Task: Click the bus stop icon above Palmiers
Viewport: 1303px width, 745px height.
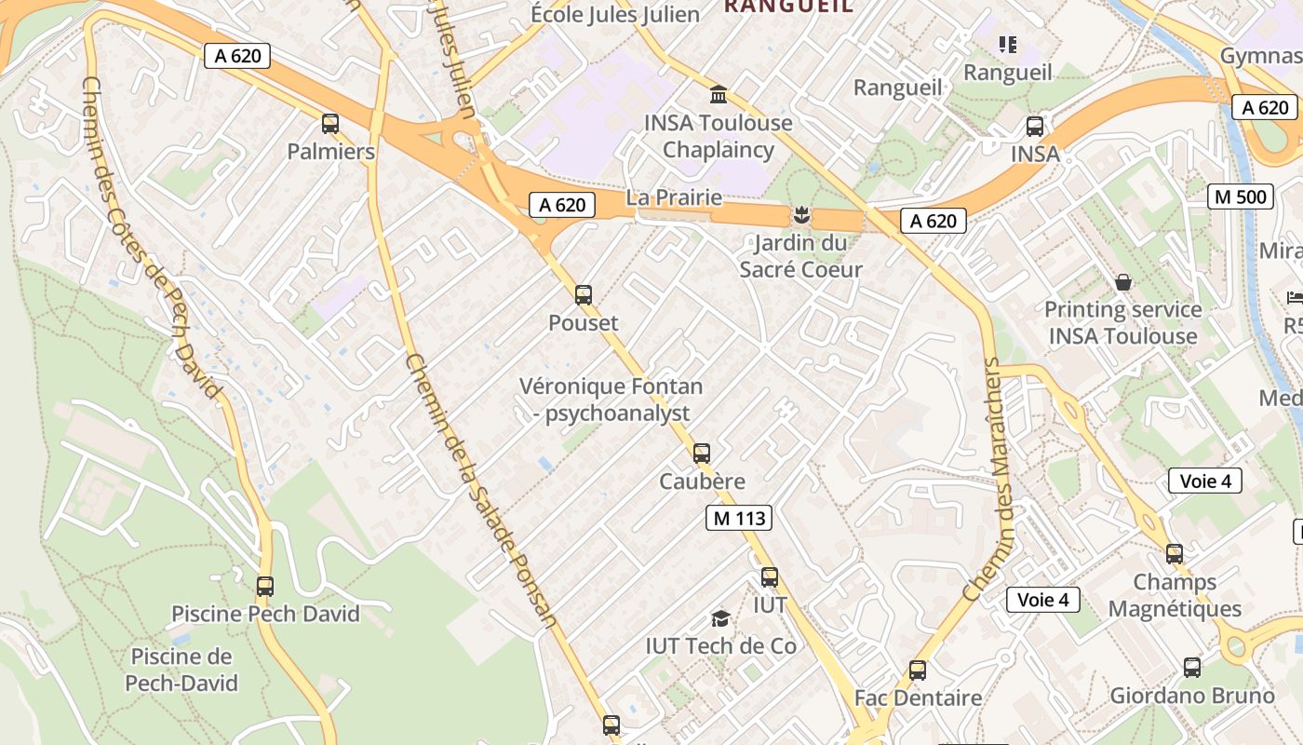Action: coord(330,124)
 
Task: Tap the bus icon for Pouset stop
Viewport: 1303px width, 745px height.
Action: coord(584,295)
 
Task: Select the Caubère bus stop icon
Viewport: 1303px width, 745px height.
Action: coord(702,454)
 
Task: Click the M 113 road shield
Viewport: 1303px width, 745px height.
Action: coord(739,519)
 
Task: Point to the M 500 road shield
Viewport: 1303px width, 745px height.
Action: coord(1241,196)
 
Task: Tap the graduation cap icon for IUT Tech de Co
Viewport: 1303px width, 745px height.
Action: coord(720,618)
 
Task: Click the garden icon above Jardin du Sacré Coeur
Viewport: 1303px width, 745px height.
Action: coord(800,216)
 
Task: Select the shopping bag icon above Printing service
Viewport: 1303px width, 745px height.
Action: coord(1123,282)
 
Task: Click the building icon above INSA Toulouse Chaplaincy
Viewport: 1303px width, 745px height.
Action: coord(719,95)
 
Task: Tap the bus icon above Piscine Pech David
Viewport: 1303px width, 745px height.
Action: coord(265,587)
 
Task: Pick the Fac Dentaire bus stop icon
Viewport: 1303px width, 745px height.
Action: coord(918,670)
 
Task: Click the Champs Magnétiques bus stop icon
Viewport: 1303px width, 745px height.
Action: coord(1175,554)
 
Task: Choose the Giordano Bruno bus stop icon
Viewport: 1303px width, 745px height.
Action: coord(1192,668)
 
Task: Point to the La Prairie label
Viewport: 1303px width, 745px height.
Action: coord(674,197)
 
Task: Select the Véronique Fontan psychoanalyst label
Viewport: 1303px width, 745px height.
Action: coord(611,400)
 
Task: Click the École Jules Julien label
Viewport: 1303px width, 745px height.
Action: coord(615,14)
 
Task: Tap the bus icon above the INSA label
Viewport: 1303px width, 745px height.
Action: coord(1035,127)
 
